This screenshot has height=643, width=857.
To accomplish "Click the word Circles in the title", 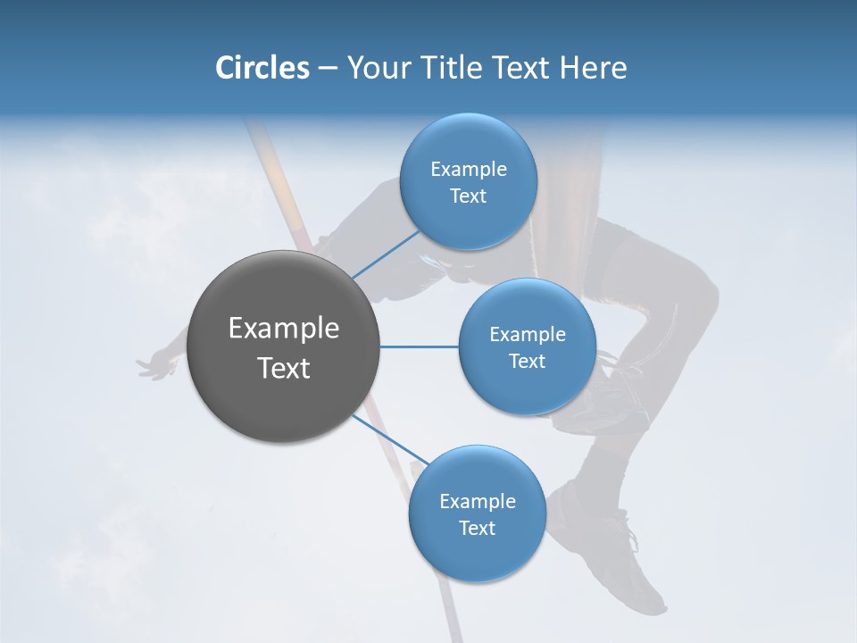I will (262, 68).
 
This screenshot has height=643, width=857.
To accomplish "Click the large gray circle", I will (284, 347).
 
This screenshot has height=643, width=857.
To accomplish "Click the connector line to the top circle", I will (386, 255).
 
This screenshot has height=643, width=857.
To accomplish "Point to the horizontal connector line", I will (419, 347).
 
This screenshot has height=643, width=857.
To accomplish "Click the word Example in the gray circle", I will (284, 329).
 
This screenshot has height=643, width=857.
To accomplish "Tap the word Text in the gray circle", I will (284, 368).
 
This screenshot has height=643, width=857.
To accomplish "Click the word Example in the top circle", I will (469, 169).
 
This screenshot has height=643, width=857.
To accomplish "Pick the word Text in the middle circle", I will (527, 362).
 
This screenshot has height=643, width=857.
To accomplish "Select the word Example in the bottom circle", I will (477, 501).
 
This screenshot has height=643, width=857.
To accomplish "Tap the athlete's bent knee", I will (701, 295).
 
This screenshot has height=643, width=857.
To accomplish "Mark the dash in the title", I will (327, 69).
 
